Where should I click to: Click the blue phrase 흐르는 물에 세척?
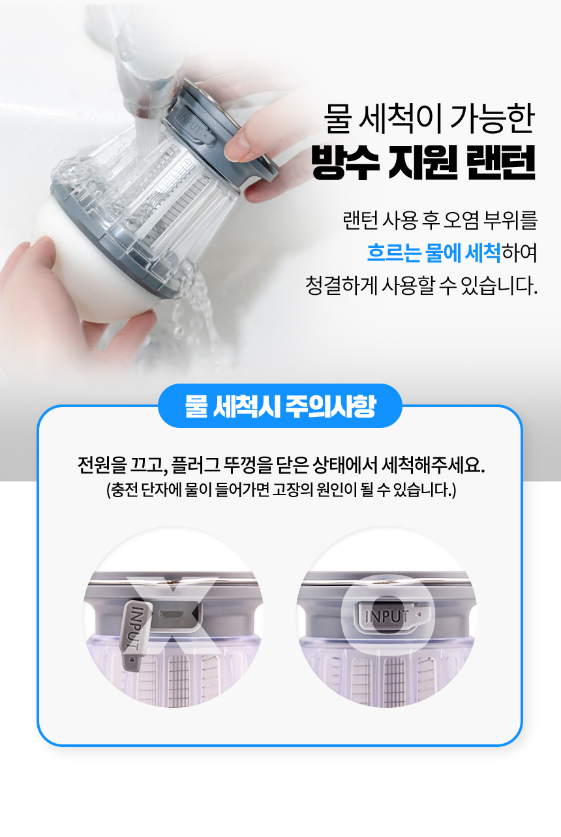coord(434,252)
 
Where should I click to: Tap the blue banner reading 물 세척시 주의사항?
coord(280,406)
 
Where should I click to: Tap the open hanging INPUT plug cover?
coord(135,633)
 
